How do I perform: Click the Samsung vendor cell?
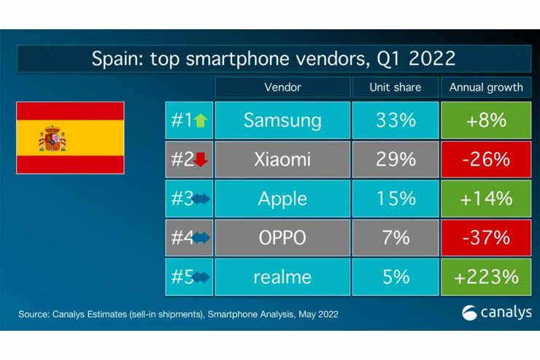click(x=282, y=120)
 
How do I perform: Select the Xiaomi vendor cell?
click(x=282, y=159)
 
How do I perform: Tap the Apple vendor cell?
click(x=282, y=199)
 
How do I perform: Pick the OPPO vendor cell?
click(x=282, y=237)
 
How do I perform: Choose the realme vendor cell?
click(x=282, y=277)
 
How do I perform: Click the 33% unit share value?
click(x=396, y=120)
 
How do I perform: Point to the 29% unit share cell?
click(x=396, y=159)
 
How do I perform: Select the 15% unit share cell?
click(x=396, y=199)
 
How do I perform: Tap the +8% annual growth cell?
click(x=486, y=120)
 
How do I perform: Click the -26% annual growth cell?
click(x=486, y=159)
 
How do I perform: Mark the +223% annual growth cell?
click(x=486, y=277)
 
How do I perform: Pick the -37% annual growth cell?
click(x=486, y=237)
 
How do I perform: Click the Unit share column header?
click(x=396, y=87)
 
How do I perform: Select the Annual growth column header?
click(x=486, y=87)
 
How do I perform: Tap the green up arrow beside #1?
click(x=201, y=120)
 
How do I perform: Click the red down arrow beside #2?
click(x=201, y=160)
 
